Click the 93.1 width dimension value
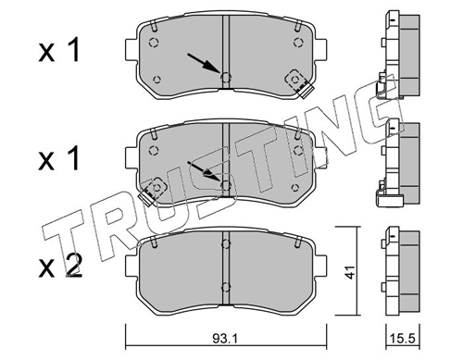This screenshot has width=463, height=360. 225,340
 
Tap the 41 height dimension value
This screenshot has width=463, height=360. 350,271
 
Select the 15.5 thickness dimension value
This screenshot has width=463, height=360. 404,340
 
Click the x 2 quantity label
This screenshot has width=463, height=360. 60,267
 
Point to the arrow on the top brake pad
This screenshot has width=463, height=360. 204,64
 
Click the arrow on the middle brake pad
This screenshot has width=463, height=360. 204,170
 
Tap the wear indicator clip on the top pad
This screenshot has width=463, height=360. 299,83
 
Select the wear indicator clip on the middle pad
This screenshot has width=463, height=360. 153,192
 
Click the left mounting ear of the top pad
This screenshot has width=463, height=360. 131,50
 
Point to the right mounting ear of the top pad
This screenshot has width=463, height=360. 320,50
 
